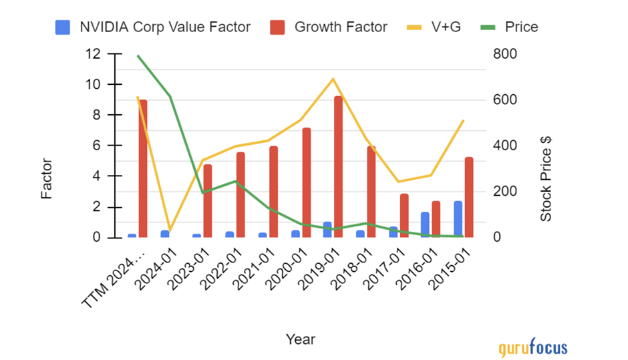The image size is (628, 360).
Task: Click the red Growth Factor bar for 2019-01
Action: click(x=339, y=167)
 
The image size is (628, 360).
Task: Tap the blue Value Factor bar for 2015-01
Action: click(x=458, y=219)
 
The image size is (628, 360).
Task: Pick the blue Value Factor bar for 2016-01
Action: click(x=425, y=224)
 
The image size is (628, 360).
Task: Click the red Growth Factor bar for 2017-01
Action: click(x=404, y=215)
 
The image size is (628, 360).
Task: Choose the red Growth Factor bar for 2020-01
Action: click(x=306, y=182)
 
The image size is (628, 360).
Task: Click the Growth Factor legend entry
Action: click(x=329, y=27)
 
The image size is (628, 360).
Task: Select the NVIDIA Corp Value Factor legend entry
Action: click(x=154, y=27)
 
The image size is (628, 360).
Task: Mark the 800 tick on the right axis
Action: click(x=504, y=54)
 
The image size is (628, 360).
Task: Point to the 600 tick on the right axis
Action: click(x=504, y=100)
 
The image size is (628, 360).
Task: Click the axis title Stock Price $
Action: click(x=546, y=179)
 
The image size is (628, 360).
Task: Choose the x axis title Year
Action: click(x=300, y=339)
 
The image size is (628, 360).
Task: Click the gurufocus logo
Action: click(x=532, y=347)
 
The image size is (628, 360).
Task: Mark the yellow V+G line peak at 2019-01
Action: click(x=333, y=79)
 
